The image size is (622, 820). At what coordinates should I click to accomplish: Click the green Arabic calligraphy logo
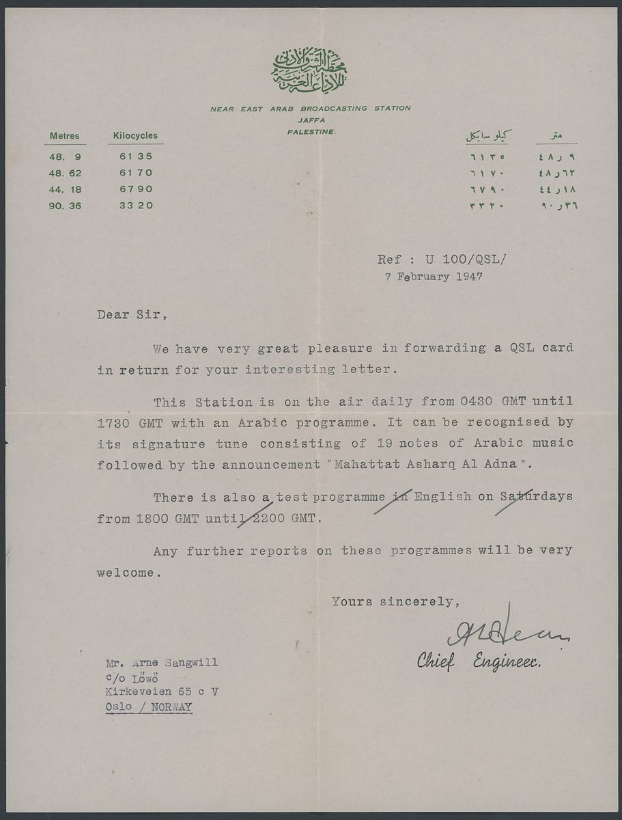tap(310, 72)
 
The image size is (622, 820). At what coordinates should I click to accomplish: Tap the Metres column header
tap(64, 135)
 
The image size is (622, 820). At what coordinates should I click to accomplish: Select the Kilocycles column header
tap(135, 135)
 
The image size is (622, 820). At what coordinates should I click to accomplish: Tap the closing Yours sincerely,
tap(392, 602)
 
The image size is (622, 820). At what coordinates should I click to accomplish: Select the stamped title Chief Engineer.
tap(479, 661)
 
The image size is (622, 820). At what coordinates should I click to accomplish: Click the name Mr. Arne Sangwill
tap(162, 663)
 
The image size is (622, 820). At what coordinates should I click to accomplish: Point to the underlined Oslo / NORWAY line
tap(149, 707)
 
